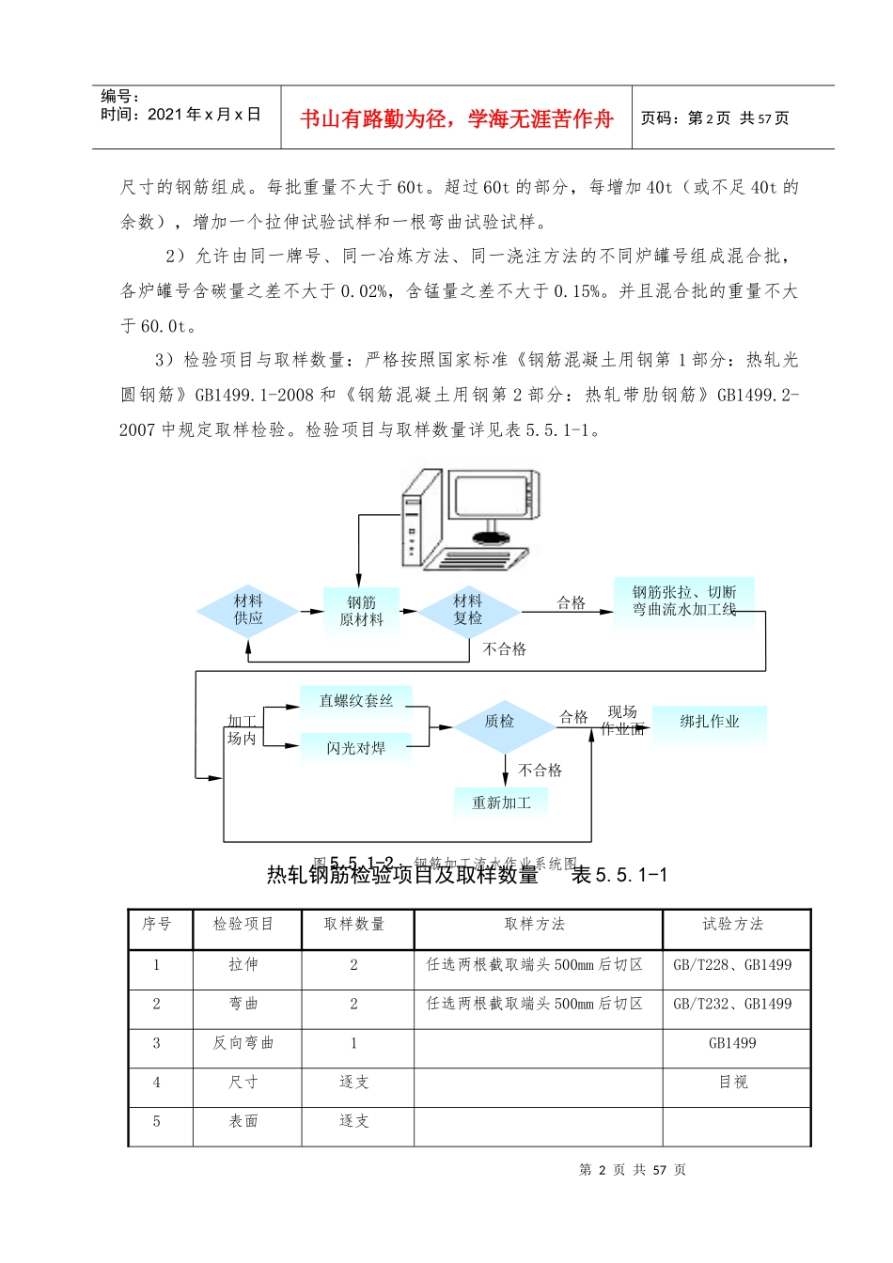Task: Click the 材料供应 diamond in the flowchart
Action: [x=248, y=610]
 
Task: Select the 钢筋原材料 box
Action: [x=361, y=611]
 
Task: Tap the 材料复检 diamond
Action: [x=468, y=610]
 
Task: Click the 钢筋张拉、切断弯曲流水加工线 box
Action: [x=683, y=600]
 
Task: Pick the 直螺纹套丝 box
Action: [x=355, y=701]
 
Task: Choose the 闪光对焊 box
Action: [x=355, y=748]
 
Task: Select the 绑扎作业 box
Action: [x=710, y=722]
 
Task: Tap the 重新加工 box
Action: [x=501, y=803]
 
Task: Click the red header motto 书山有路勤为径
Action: [x=457, y=118]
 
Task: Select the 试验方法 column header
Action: [x=733, y=925]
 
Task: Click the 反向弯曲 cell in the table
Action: [x=243, y=1043]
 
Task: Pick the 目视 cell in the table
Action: [x=733, y=1083]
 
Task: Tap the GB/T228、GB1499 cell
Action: [x=733, y=965]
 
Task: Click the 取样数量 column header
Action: [x=354, y=925]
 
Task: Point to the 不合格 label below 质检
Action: [x=540, y=771]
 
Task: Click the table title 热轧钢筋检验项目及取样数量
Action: [x=402, y=876]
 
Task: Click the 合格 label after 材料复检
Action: [x=572, y=603]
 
